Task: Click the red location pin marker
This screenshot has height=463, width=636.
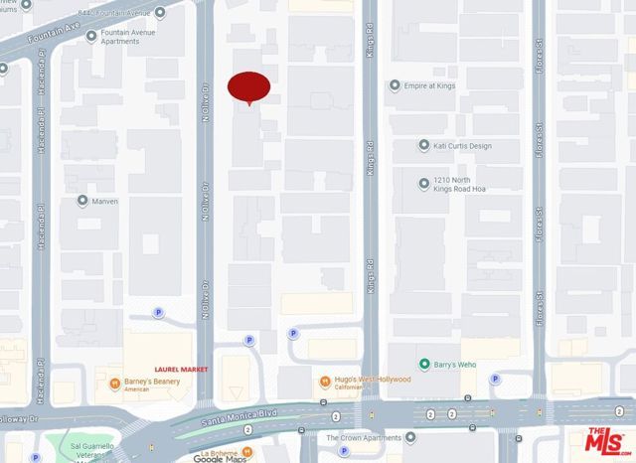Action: tap(248, 87)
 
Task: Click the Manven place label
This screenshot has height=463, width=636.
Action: tap(104, 201)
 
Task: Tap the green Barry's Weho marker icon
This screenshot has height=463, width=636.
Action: tap(424, 365)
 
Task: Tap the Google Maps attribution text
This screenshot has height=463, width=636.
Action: tap(219, 458)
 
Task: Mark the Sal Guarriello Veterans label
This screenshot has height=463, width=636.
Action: tap(99, 443)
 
